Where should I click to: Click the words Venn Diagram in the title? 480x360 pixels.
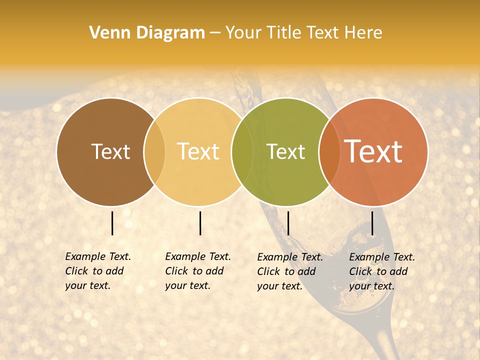(147, 33)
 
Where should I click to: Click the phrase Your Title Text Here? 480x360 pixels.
(303, 33)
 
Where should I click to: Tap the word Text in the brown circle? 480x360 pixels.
(110, 151)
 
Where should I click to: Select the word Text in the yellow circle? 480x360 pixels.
(198, 151)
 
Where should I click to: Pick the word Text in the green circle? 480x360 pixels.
(285, 151)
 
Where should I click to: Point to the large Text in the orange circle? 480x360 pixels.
(373, 151)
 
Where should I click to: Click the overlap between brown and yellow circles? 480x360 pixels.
(154, 152)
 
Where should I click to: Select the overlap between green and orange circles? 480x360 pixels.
(327, 152)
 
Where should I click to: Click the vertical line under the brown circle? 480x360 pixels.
(112, 223)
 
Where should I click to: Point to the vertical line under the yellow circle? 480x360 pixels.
(200, 223)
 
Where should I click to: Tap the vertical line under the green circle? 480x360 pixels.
(288, 223)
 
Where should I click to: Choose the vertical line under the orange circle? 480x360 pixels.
(372, 223)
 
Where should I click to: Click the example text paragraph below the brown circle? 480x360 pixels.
(97, 271)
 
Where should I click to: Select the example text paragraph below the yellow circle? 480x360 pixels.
(197, 271)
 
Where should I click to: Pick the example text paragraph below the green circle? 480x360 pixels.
(289, 271)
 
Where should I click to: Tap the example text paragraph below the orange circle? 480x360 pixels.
(381, 271)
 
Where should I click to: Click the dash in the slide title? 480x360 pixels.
(215, 33)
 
